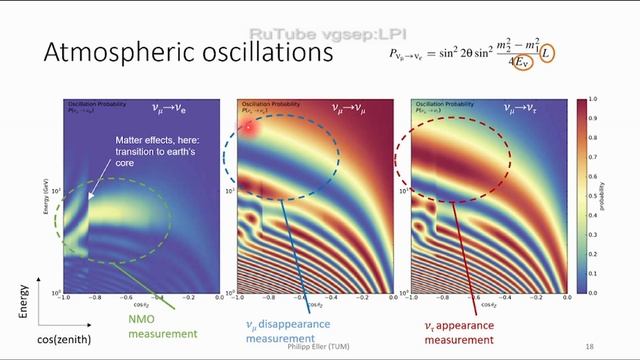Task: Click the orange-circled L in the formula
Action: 549,60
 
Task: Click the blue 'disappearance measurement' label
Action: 291,331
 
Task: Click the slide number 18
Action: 589,346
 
